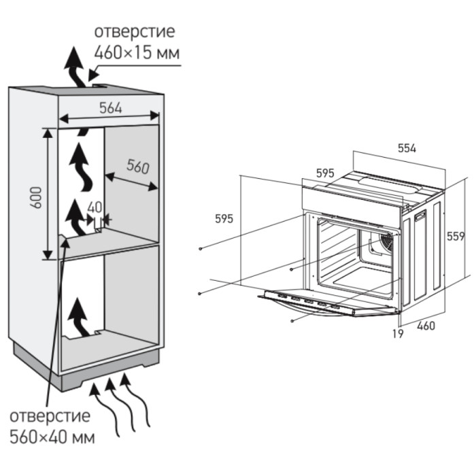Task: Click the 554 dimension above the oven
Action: click(405, 148)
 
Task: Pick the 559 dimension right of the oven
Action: click(456, 236)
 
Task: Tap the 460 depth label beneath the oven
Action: click(426, 326)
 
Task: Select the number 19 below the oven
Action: click(398, 333)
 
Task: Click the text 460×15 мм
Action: click(139, 52)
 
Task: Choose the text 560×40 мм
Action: click(52, 435)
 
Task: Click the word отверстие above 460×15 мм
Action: click(135, 31)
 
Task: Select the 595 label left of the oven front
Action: click(224, 218)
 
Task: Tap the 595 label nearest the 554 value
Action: click(325, 173)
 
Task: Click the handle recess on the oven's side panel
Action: click(421, 217)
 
